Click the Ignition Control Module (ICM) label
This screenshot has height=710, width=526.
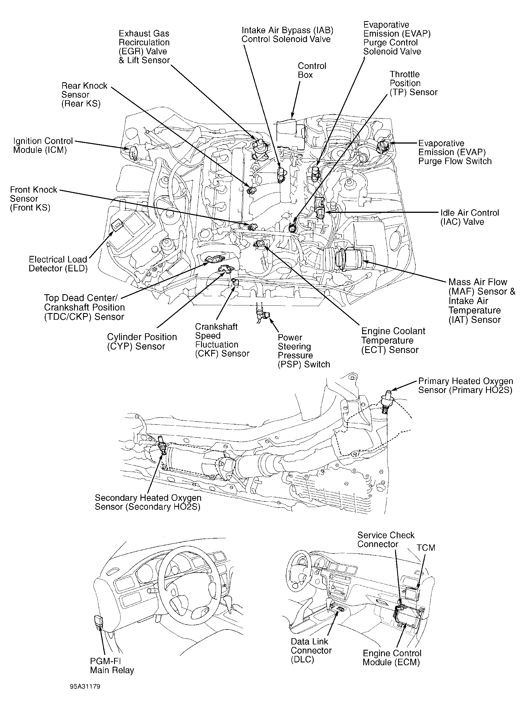tap(43, 146)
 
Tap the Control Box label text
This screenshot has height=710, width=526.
tap(311, 70)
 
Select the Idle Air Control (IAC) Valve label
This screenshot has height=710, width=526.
tap(469, 217)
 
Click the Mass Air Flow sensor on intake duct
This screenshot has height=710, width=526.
tap(353, 258)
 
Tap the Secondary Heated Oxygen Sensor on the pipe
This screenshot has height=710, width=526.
tap(162, 446)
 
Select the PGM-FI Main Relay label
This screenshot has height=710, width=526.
tap(112, 666)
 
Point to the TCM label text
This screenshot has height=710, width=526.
tap(426, 548)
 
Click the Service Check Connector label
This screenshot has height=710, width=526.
tap(385, 539)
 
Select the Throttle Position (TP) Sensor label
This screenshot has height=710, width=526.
tap(413, 83)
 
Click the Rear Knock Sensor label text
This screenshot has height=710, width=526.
tap(84, 95)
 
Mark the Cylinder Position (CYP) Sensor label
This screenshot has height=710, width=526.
tap(142, 341)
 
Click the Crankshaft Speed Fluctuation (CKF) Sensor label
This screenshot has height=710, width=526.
tap(222, 340)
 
